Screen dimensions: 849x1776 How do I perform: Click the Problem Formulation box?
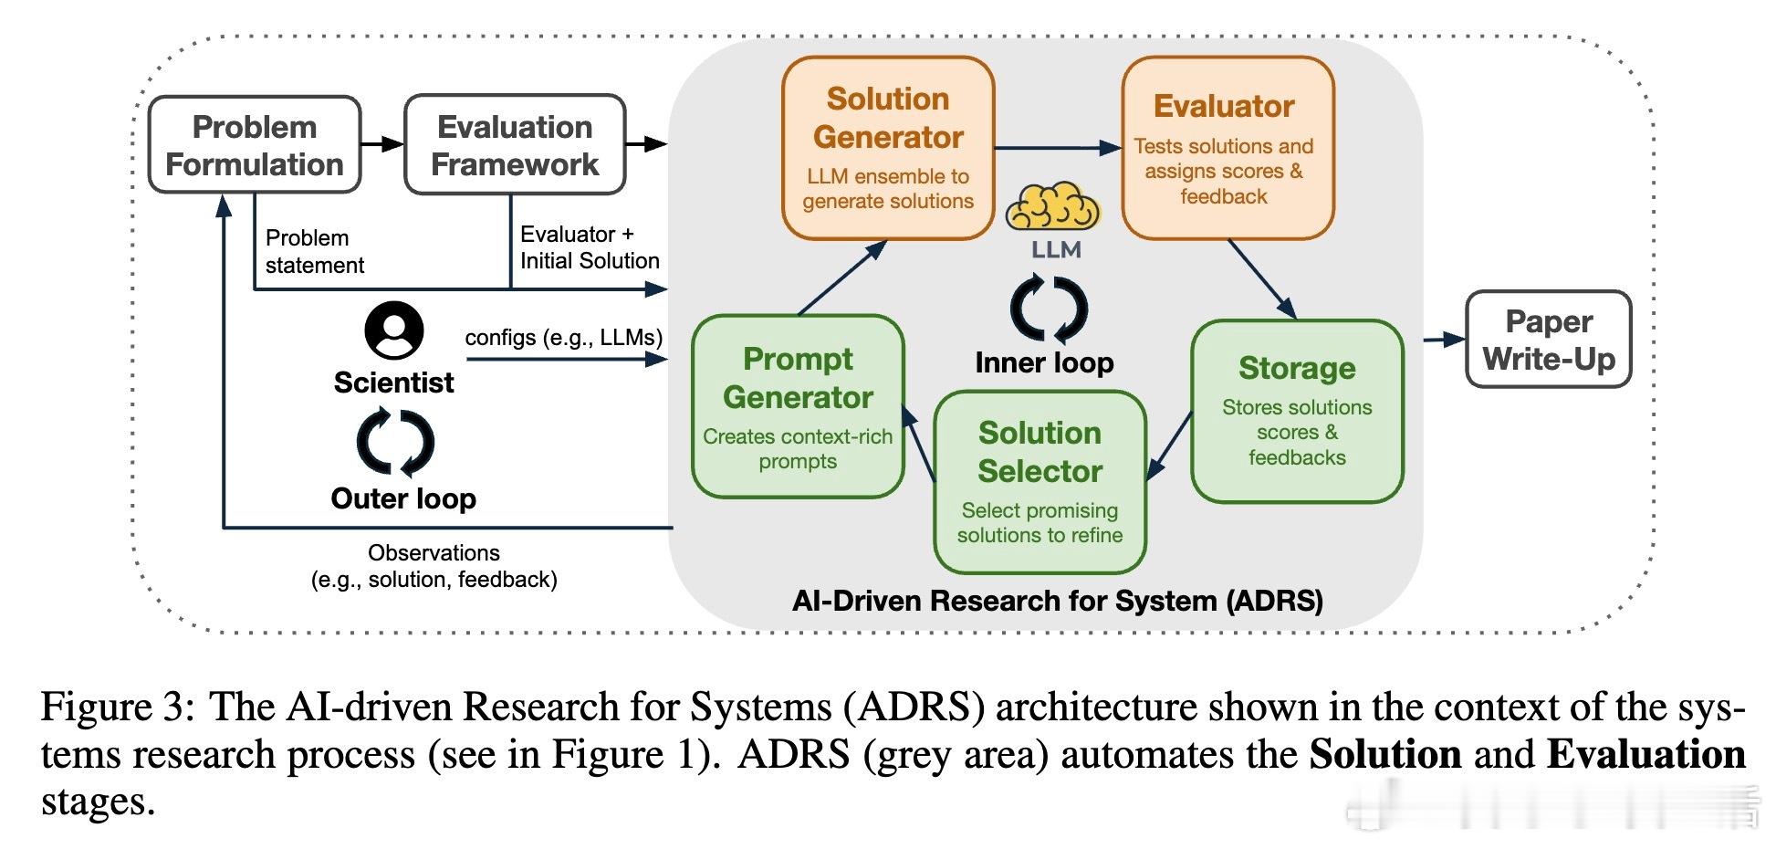(x=255, y=145)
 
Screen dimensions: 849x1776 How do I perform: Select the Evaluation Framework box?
(x=515, y=145)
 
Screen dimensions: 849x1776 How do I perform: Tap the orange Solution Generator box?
(x=888, y=148)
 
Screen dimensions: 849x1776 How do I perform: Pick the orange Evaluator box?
(x=1228, y=148)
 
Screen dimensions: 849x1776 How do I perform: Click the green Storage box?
(x=1297, y=411)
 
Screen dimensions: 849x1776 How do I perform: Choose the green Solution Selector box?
(x=1039, y=481)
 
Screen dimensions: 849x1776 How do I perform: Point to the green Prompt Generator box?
(x=798, y=407)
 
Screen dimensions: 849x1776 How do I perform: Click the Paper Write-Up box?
(x=1548, y=340)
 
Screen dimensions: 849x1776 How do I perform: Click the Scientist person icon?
(x=393, y=330)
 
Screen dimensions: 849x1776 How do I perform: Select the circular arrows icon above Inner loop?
(x=1049, y=309)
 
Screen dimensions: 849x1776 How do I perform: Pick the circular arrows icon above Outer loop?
(x=395, y=443)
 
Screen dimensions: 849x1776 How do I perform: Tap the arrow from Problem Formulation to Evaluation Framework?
(x=382, y=143)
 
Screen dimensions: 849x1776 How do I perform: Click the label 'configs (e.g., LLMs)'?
(x=563, y=338)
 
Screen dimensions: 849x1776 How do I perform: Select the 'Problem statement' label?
(x=314, y=251)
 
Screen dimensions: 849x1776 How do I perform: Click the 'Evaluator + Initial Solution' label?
(x=589, y=247)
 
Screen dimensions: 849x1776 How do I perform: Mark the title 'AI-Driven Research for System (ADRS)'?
(x=1057, y=601)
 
